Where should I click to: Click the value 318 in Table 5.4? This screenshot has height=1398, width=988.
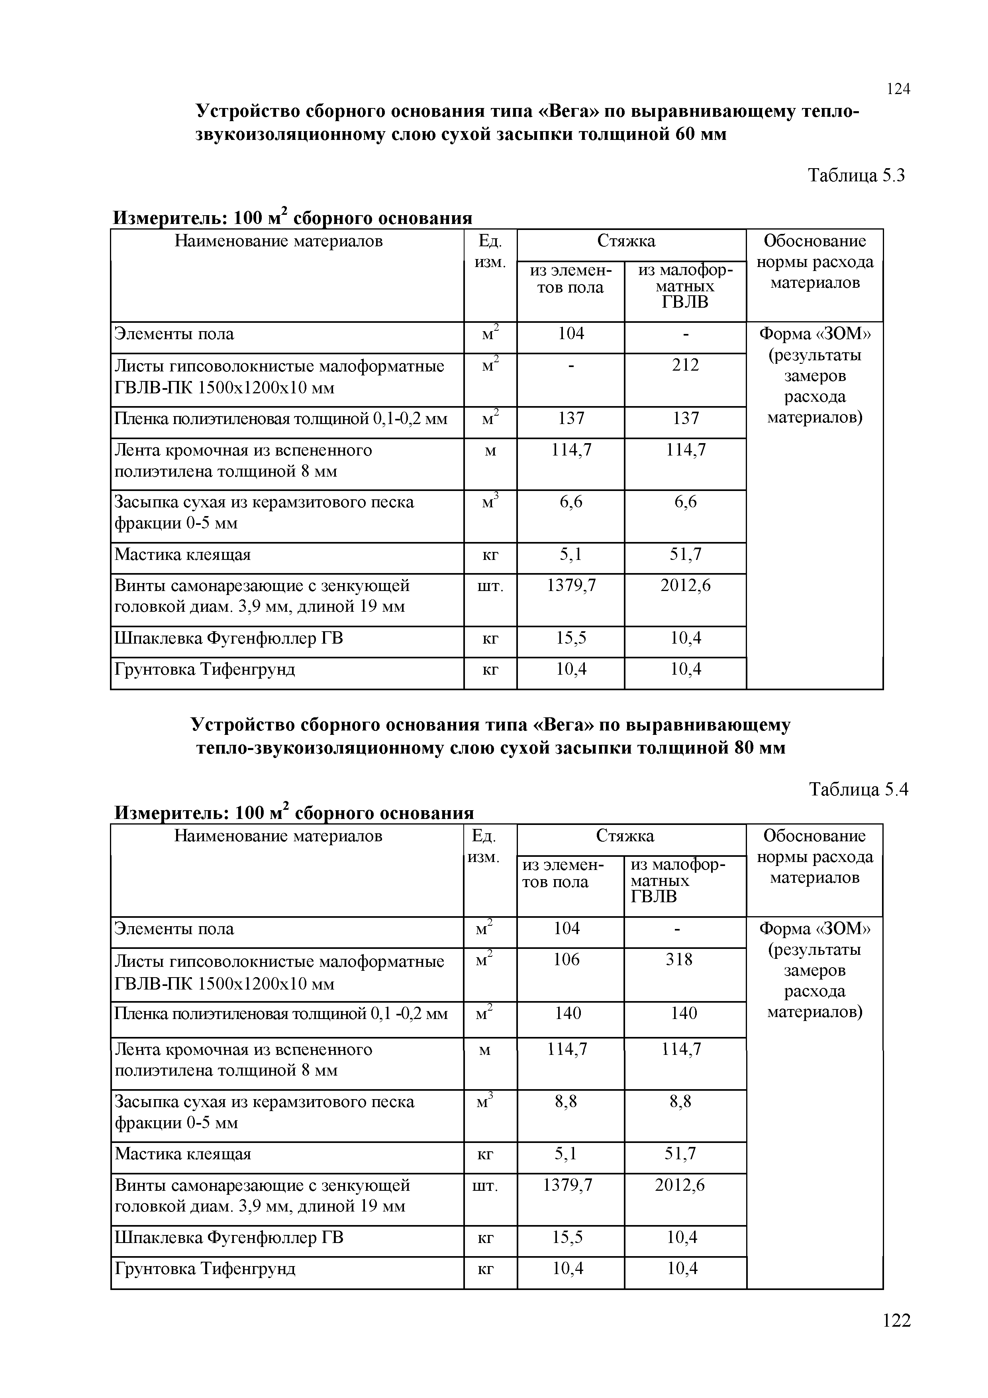(x=679, y=960)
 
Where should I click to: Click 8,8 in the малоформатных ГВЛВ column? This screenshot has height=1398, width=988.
(x=680, y=1102)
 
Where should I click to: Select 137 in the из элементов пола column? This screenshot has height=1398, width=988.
(x=570, y=418)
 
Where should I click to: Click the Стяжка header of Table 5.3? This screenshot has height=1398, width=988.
(x=626, y=242)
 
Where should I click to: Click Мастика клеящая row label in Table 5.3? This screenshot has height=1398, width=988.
(x=182, y=555)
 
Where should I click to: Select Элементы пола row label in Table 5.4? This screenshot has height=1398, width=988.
(x=174, y=929)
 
